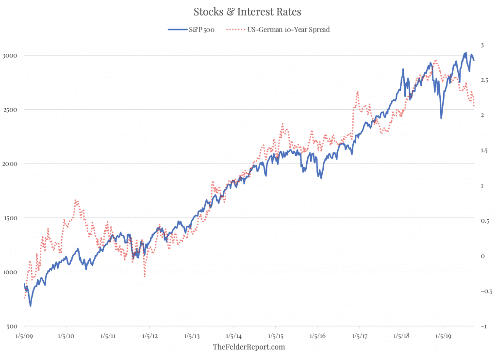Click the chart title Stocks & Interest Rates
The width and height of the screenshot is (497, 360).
click(x=247, y=12)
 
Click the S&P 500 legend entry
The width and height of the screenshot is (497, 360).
click(x=191, y=30)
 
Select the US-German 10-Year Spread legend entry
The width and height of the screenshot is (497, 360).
click(x=278, y=30)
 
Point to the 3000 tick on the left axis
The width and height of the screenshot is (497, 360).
click(x=10, y=56)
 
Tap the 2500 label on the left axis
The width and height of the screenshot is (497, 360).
click(x=10, y=110)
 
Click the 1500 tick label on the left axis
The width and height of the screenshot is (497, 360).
click(x=10, y=218)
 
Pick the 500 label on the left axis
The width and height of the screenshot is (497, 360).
click(x=12, y=327)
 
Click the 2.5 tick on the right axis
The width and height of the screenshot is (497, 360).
click(x=484, y=80)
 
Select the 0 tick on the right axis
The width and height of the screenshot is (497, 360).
click(x=483, y=256)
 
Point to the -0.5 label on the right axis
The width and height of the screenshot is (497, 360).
click(x=486, y=291)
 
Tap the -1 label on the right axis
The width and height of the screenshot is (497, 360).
click(x=484, y=326)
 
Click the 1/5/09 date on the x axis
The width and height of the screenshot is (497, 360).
click(x=24, y=336)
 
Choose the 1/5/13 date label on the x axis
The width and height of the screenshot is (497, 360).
click(x=192, y=336)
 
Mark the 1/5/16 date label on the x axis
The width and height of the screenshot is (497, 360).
click(x=317, y=336)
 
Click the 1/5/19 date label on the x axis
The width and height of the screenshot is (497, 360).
click(x=443, y=336)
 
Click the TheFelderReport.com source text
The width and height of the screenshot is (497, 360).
click(x=249, y=347)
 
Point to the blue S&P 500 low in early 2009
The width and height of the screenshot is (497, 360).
click(x=31, y=306)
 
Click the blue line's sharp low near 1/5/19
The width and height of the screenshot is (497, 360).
click(x=441, y=118)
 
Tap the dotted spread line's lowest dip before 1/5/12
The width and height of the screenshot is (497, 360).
click(x=145, y=277)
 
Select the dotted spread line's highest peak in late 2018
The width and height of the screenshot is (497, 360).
click(x=436, y=60)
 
